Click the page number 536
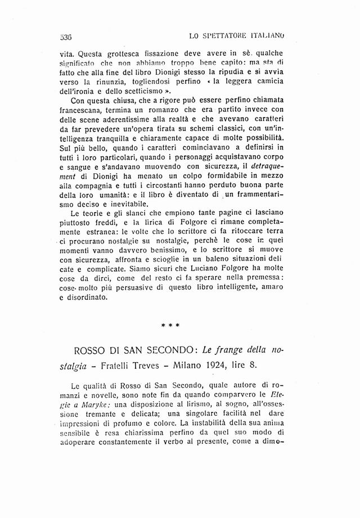(67, 38)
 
